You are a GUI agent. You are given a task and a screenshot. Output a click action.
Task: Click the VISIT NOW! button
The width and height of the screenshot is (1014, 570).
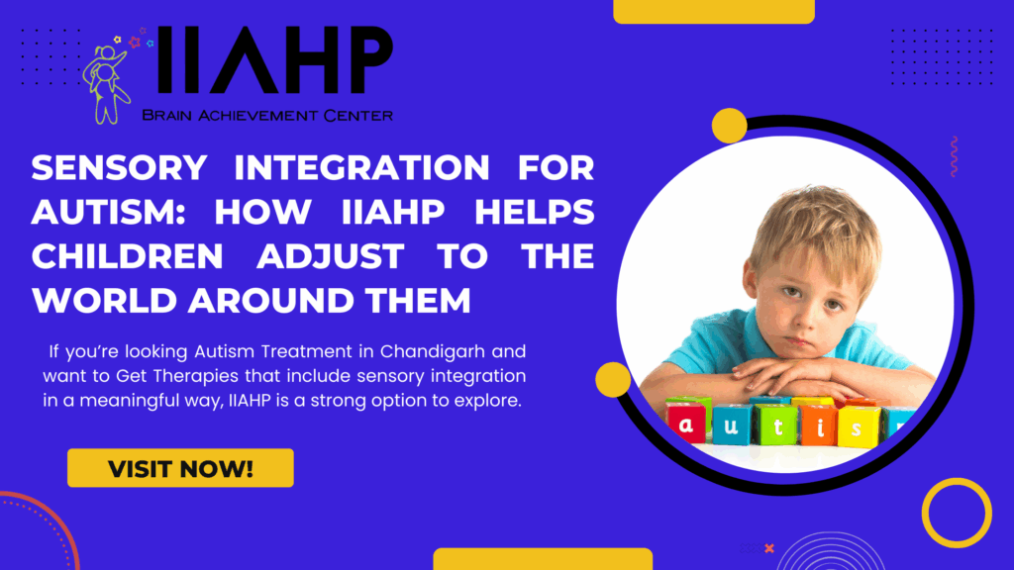click(180, 468)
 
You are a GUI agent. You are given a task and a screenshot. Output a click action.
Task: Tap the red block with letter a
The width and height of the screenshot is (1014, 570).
click(685, 425)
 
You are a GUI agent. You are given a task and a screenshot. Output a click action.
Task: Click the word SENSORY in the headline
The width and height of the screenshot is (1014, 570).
click(119, 169)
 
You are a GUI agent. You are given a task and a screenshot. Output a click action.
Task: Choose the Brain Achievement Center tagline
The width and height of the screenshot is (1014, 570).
click(267, 116)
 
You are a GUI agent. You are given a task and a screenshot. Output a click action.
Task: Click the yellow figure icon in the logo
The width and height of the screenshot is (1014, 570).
click(108, 85)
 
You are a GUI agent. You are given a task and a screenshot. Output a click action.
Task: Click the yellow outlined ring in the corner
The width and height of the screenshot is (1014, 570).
click(956, 513)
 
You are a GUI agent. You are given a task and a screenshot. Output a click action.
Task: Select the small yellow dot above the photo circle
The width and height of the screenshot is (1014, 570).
click(730, 126)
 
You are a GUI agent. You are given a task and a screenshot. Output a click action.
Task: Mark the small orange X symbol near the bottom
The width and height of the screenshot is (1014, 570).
click(769, 547)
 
